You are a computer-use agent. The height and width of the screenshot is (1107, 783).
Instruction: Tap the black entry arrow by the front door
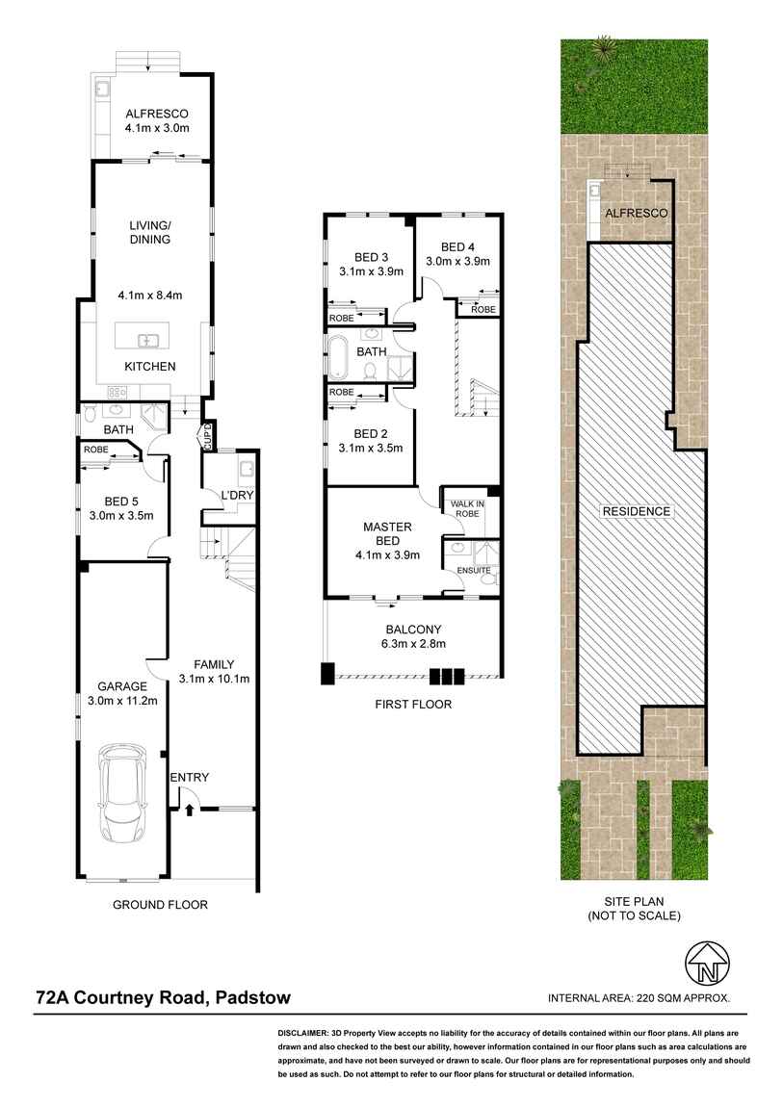pyautogui.click(x=189, y=811)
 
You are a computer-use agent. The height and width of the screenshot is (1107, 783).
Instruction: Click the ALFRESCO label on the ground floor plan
pyautogui.click(x=156, y=111)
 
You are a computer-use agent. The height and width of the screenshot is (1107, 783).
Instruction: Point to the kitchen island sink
pyautogui.click(x=147, y=340)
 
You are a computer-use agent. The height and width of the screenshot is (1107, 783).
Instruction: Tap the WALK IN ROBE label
pyautogui.click(x=465, y=507)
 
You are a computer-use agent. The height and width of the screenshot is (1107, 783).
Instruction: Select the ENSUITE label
pyautogui.click(x=473, y=571)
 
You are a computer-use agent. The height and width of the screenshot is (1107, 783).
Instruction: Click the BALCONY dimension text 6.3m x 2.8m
pyautogui.click(x=413, y=644)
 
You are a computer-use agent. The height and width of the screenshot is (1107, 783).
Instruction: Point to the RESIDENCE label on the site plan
pyautogui.click(x=637, y=511)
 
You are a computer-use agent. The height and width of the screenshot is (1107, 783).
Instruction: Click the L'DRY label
pyautogui.click(x=236, y=495)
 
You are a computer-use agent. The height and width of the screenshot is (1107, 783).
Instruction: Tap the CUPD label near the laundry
pyautogui.click(x=206, y=437)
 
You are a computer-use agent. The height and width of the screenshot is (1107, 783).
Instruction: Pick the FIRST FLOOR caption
pyautogui.click(x=413, y=705)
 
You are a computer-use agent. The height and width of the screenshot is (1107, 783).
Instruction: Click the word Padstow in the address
pyautogui.click(x=252, y=998)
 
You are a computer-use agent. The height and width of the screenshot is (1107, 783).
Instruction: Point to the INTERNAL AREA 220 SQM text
pyautogui.click(x=639, y=998)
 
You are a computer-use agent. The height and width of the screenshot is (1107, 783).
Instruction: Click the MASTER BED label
pyautogui.click(x=387, y=533)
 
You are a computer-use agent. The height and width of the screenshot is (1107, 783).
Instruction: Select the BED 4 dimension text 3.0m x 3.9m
pyautogui.click(x=458, y=260)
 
